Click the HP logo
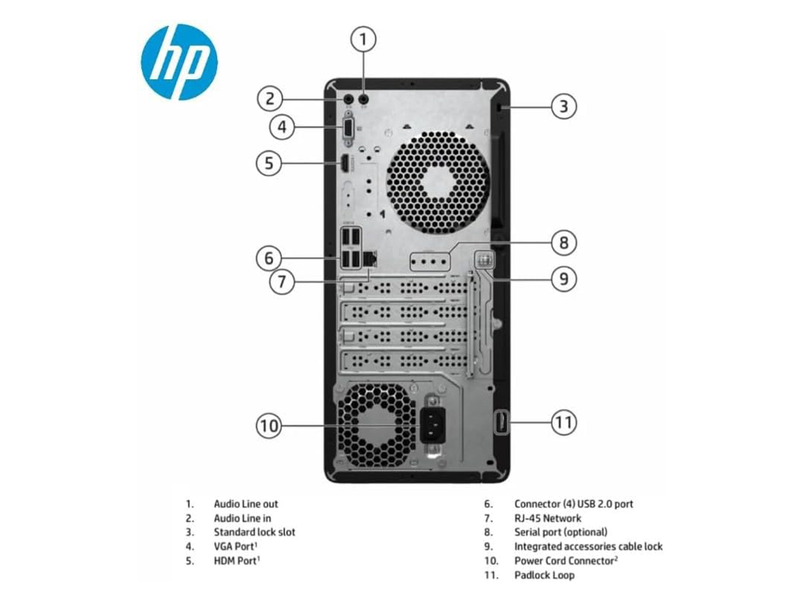[x=179, y=62]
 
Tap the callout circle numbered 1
[x=363, y=40]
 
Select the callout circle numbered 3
[x=563, y=106]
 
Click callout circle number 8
[x=563, y=242]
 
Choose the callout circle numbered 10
[x=269, y=426]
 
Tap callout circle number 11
[x=563, y=422]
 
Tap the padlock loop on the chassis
[x=502, y=423]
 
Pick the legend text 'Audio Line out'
[x=246, y=504]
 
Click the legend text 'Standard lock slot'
[x=254, y=532]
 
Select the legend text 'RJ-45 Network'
[x=547, y=518]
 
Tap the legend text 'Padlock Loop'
[x=544, y=575]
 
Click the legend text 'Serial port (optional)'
[x=561, y=532]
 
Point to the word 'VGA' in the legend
[x=223, y=547]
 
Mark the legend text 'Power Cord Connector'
[x=564, y=561]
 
